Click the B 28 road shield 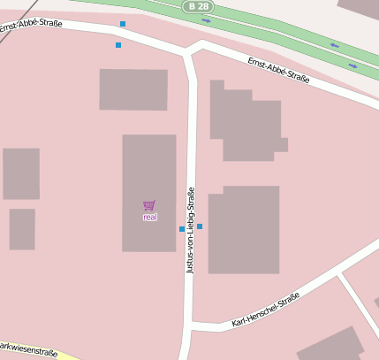(x=198, y=6)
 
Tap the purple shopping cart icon (x=149, y=205)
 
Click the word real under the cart (x=150, y=217)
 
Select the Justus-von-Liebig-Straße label (x=190, y=230)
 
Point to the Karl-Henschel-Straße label (x=265, y=310)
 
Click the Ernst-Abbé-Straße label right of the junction (x=278, y=71)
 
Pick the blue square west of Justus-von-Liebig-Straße (x=182, y=229)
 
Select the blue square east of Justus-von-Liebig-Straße (x=200, y=226)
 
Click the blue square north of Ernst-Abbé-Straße (x=123, y=24)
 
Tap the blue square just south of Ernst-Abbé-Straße (x=118, y=44)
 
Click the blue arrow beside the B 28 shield (x=207, y=19)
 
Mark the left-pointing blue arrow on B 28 (x=334, y=45)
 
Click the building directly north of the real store (x=133, y=89)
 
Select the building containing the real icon (x=149, y=177)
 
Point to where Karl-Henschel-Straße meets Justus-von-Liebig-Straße (x=190, y=326)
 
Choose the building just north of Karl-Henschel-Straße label (x=244, y=230)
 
